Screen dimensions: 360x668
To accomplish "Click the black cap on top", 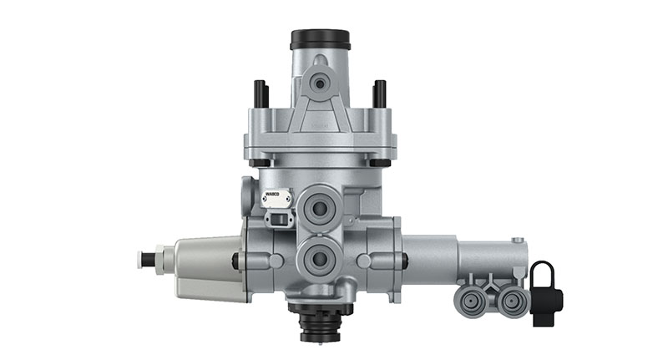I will point(319,39).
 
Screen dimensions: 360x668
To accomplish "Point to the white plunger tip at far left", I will point(144,260).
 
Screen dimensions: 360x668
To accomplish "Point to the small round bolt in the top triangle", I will point(319,82).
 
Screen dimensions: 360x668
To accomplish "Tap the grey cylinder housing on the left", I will point(205,266).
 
